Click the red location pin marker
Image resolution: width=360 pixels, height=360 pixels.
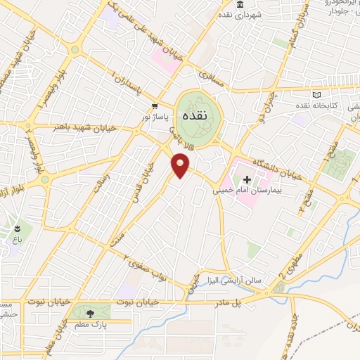coord(181,165)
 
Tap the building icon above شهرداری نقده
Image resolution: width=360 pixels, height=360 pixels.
coord(240,5)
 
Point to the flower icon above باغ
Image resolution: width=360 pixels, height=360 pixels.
coord(15,229)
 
